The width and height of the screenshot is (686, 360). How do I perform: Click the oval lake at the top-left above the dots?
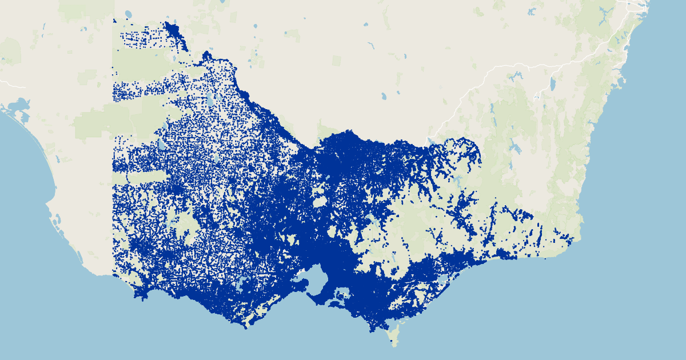tap(127, 14)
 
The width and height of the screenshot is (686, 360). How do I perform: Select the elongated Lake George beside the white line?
tap(552, 85)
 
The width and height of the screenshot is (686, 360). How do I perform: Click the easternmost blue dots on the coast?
tap(572, 239)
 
